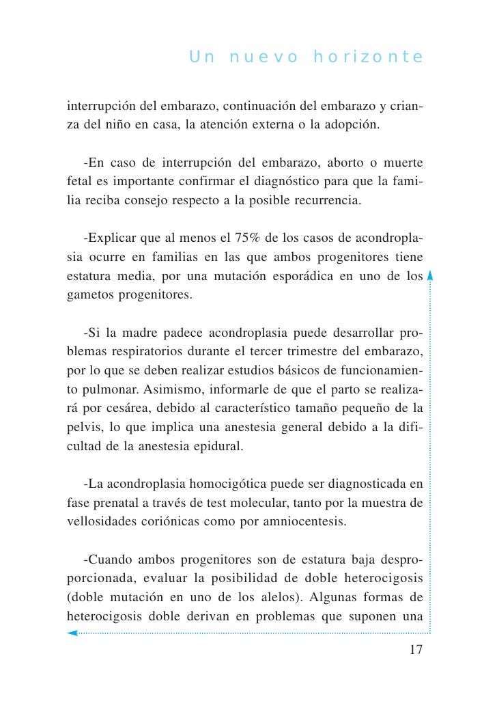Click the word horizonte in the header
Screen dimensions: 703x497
(x=368, y=57)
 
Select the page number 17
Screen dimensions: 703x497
(x=416, y=650)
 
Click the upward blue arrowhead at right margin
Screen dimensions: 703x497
(x=430, y=277)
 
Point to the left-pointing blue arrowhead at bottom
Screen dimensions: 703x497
(x=72, y=633)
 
